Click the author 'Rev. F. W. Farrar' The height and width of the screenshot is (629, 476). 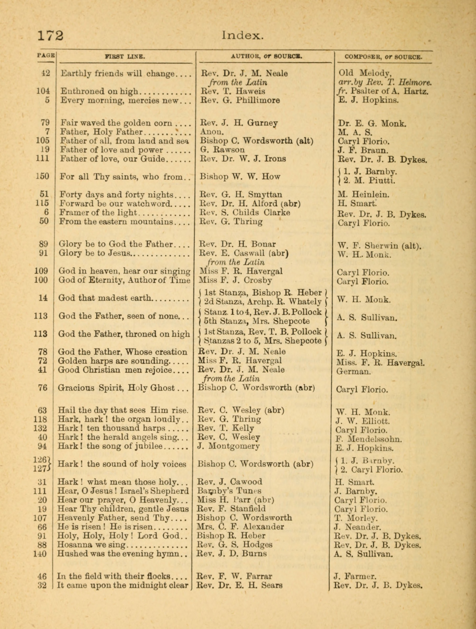point(235,576)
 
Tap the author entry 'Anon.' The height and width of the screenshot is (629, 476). point(212,132)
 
